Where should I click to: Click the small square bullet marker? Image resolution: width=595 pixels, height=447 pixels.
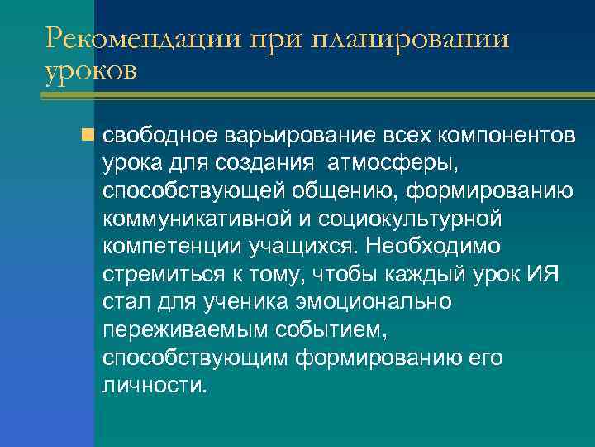89,134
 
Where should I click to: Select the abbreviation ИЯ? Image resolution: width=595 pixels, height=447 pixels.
542,274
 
